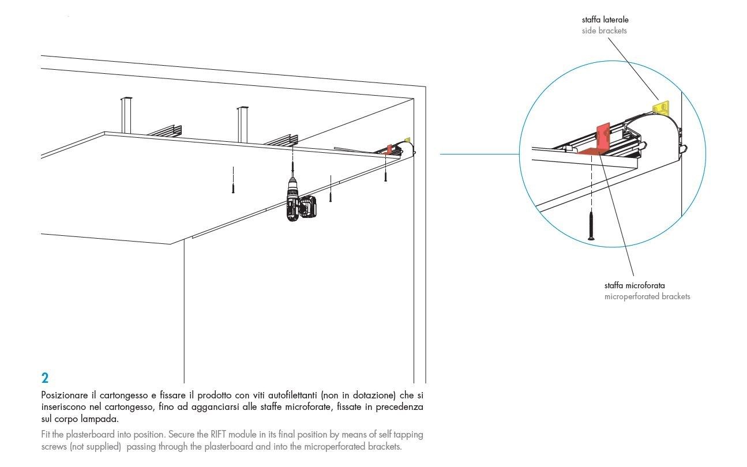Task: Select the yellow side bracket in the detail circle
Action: (x=662, y=108)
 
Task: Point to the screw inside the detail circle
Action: (x=591, y=225)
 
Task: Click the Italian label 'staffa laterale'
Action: (x=605, y=20)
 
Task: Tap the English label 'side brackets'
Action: (x=604, y=31)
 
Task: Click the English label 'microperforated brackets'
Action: (x=647, y=296)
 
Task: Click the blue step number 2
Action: (x=45, y=378)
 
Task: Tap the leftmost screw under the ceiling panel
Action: (x=232, y=187)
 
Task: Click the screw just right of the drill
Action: (x=330, y=196)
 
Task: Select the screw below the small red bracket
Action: (x=385, y=176)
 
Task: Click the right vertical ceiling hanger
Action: (x=242, y=123)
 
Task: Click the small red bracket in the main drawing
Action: (x=389, y=149)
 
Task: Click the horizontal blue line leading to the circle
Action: (x=479, y=154)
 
